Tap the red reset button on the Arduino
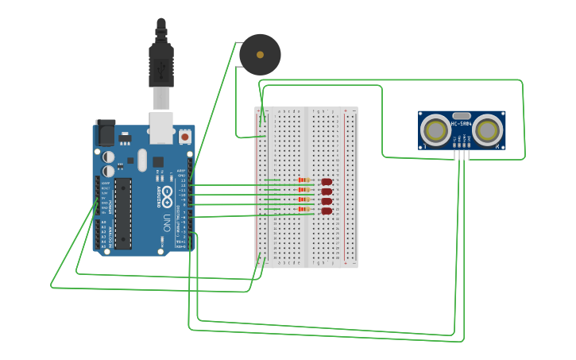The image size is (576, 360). (185, 137)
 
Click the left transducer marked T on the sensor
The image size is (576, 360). (435, 129)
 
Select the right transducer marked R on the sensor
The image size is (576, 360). (489, 129)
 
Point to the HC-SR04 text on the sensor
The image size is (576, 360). (462, 124)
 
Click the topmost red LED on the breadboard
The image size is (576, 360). (326, 182)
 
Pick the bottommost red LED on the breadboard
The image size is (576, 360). (326, 211)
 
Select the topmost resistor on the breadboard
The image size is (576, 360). (303, 180)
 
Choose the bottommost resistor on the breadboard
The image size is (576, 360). (303, 209)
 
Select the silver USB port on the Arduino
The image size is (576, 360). (161, 127)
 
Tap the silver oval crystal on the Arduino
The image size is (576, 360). (142, 160)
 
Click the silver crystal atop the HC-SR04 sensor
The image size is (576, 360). (462, 115)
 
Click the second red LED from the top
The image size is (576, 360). (326, 192)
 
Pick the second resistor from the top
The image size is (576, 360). (303, 190)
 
